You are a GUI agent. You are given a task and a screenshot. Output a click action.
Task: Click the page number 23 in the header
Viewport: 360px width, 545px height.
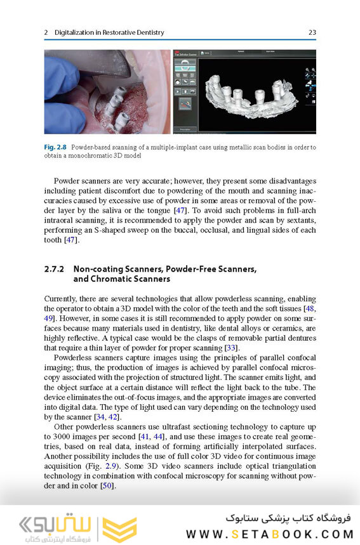click(x=312, y=32)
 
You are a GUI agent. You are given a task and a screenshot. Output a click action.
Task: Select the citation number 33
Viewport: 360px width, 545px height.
click(x=231, y=348)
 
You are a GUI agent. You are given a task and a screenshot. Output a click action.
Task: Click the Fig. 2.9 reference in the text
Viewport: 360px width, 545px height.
click(x=114, y=466)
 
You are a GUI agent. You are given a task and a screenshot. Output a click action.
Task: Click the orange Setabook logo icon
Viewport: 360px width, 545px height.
click(x=119, y=527)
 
